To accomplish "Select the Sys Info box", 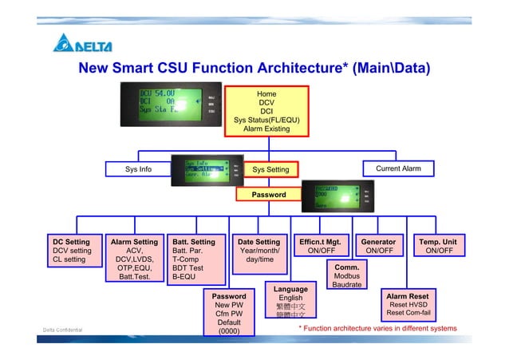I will [138, 169].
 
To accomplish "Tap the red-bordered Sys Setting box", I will [270, 169].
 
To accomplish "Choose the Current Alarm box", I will [397, 168].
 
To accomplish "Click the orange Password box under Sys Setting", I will [269, 194].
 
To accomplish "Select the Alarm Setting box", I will [134, 259].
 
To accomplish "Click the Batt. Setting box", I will [197, 259].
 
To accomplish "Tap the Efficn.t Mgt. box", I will [320, 246].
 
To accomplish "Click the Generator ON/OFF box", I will [378, 246].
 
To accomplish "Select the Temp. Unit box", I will [439, 246].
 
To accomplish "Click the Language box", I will [290, 303].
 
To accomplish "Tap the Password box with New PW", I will [229, 314].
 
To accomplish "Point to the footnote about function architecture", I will [377, 328].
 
